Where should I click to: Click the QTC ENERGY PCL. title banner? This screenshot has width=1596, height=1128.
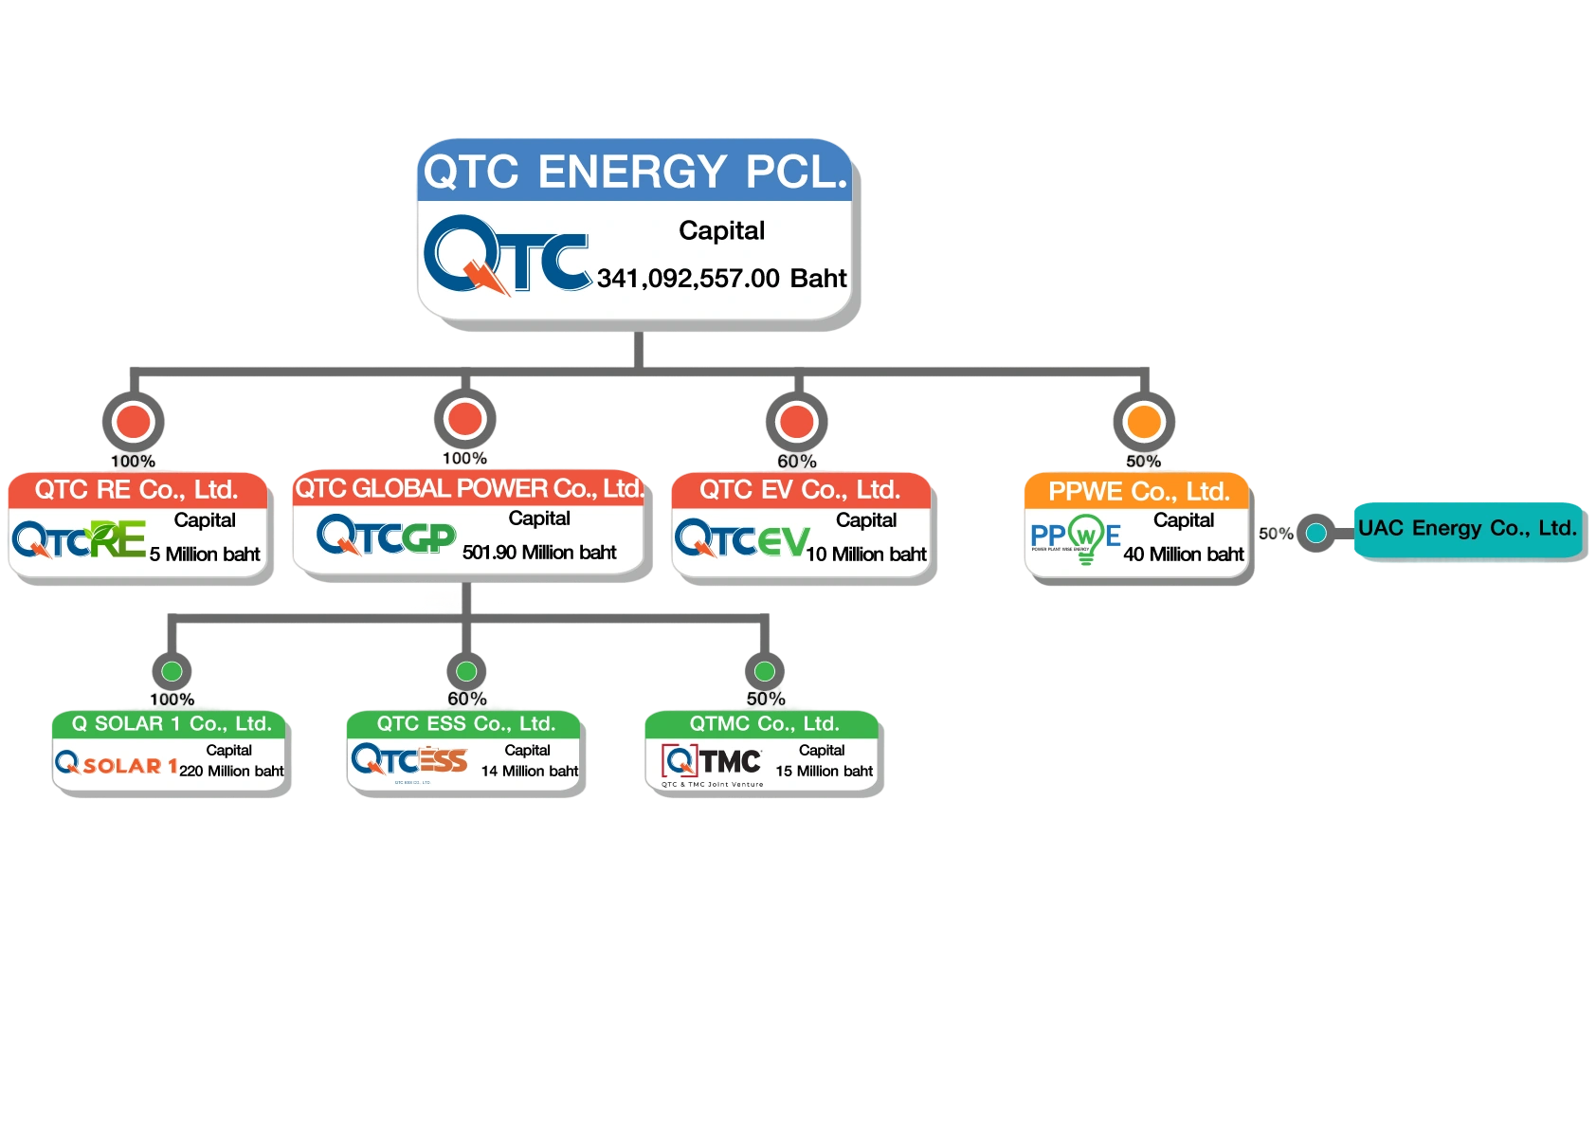[634, 173]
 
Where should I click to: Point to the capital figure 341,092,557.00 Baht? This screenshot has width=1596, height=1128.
[721, 279]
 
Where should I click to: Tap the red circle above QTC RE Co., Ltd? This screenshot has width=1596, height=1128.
[134, 421]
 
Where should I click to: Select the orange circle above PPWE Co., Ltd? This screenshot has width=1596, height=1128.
[1144, 421]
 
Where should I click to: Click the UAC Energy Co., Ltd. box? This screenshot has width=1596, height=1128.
[1467, 529]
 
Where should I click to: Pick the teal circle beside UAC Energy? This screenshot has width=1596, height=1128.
[1315, 533]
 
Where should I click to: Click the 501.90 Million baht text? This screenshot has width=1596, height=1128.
[539, 553]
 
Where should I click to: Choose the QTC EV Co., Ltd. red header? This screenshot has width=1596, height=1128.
[800, 490]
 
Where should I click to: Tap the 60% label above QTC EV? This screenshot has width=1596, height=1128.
[796, 461]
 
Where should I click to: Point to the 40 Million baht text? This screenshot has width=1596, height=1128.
[1183, 555]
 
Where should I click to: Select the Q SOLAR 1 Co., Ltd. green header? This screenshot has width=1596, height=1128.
[172, 724]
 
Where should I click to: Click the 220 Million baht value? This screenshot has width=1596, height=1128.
[231, 772]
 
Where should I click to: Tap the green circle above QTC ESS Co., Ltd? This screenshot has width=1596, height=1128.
[466, 671]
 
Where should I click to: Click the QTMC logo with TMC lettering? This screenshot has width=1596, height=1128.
[712, 762]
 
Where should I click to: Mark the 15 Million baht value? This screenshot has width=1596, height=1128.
[824, 772]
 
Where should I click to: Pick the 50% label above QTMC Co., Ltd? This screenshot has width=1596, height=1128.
[765, 699]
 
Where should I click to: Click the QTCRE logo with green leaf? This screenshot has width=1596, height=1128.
[80, 539]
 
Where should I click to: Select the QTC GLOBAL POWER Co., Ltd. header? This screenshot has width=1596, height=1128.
[468, 489]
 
